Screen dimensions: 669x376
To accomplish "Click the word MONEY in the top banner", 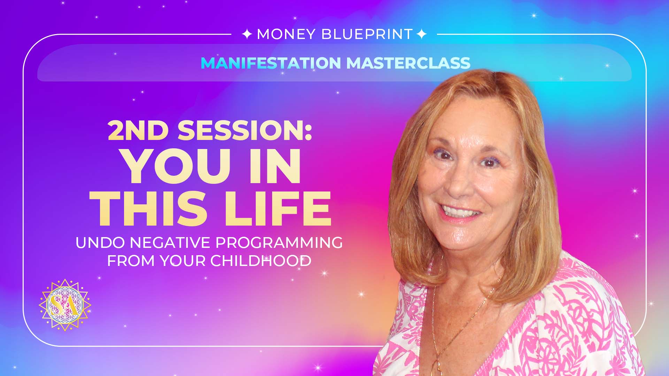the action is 286,34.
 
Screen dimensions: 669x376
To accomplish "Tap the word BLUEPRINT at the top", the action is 367,34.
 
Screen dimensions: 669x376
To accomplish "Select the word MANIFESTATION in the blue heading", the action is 271,63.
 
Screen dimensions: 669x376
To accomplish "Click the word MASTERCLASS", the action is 408,63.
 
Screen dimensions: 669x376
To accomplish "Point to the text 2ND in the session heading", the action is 138,131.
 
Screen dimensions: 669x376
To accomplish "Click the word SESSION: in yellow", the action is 245,131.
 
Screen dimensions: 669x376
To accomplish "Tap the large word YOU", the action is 177,166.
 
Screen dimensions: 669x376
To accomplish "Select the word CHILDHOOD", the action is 261,261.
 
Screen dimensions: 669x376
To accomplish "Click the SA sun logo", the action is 65,305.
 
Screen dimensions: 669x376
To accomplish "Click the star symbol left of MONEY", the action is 247,34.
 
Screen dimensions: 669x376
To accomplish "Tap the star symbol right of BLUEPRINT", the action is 422,34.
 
